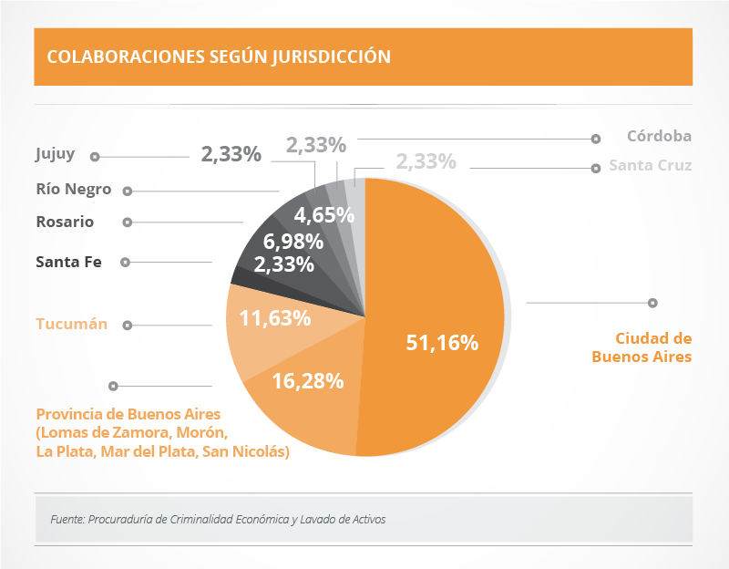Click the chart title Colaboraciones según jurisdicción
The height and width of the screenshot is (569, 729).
tap(219, 57)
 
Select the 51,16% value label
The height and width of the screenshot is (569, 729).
tap(442, 343)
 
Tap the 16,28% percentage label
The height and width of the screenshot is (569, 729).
tap(308, 381)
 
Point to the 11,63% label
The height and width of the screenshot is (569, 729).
tap(275, 319)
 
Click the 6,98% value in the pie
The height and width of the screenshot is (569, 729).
tap(293, 243)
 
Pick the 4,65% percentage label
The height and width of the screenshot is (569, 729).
tap(324, 216)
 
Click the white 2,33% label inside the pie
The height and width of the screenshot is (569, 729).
tap(284, 265)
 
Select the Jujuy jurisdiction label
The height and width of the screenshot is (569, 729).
tap(56, 154)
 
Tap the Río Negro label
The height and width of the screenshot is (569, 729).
tap(74, 190)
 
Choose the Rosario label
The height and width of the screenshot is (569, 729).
tap(65, 222)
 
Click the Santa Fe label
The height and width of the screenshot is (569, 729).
tap(68, 262)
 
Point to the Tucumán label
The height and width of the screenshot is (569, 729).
tap(72, 324)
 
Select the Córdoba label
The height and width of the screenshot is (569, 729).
tap(659, 137)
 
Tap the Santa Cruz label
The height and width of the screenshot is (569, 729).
tap(651, 166)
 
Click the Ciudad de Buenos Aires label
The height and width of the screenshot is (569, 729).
tap(642, 347)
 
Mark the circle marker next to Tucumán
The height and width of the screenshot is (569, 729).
tap(128, 325)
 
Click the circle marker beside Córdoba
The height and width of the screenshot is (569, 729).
tap(596, 139)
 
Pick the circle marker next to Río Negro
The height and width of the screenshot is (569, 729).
tap(128, 191)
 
